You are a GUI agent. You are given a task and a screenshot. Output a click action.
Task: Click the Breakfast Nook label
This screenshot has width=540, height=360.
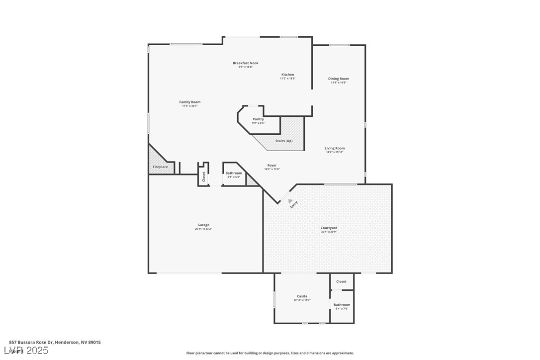[246, 63]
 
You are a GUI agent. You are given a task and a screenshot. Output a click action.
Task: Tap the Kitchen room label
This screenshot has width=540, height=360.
[287, 75]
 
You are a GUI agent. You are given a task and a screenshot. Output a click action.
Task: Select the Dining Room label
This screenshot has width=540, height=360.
[338, 79]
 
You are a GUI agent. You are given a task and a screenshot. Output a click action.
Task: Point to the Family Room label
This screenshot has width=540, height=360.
[190, 102]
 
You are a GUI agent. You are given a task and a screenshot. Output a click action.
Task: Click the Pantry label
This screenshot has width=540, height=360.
[258, 119]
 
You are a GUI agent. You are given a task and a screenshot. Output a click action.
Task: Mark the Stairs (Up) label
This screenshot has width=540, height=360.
[284, 141]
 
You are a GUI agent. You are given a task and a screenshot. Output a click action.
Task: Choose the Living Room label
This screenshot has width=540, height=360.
[335, 148]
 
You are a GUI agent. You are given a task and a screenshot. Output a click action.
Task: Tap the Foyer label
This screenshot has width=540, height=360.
[272, 166]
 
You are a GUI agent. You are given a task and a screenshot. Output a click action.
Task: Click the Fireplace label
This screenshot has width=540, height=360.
[160, 167]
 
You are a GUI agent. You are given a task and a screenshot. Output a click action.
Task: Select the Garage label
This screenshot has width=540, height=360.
[203, 225]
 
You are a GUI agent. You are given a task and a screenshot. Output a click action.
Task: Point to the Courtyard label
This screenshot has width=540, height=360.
[329, 228]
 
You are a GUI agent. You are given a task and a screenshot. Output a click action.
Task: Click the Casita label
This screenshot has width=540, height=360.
[302, 296]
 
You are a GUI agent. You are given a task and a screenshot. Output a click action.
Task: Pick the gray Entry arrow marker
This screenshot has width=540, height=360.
[289, 201]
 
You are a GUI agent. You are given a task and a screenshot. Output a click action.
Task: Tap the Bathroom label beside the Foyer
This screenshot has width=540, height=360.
[234, 173]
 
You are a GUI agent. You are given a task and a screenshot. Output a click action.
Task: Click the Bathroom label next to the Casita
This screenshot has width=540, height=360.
[342, 305]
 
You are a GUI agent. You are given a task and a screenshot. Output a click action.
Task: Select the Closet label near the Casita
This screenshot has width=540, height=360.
[341, 281]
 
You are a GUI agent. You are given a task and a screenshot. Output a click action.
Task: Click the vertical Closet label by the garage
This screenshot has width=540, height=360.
[203, 176]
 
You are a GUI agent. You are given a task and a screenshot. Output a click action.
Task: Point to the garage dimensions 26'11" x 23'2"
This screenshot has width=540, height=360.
[203, 229]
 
